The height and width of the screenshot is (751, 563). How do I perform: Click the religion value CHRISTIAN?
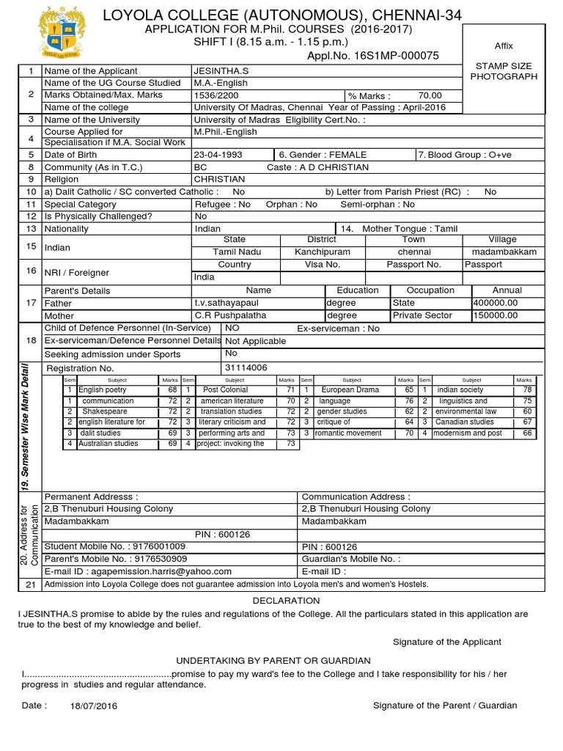tap(219, 179)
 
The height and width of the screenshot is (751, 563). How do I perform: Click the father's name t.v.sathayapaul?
tap(226, 303)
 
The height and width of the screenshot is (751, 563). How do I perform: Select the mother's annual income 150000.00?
tap(496, 315)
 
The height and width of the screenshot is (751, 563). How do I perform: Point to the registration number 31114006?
tap(246, 367)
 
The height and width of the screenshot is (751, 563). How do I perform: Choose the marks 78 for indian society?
tap(527, 390)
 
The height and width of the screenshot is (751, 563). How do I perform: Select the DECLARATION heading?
tap(286, 601)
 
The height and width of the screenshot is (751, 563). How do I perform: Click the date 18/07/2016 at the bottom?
tap(93, 706)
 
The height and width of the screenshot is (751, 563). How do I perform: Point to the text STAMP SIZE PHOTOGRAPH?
tap(503, 71)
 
